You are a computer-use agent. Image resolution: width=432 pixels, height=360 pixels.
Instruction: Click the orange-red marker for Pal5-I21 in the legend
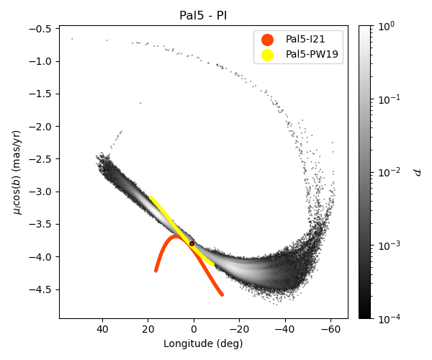pos(267,39)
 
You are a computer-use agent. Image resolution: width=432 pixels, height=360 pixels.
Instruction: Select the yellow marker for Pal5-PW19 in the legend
pos(267,54)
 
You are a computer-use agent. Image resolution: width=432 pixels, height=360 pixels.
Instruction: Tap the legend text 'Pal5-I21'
pos(305,39)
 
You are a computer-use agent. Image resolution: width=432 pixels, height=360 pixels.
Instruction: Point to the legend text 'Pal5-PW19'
pos(310,54)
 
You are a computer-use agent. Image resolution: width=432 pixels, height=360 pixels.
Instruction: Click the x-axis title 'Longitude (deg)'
pos(203,343)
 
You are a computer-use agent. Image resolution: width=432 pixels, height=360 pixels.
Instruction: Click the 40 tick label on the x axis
pos(102,329)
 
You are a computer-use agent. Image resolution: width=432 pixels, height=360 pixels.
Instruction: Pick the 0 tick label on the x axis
pos(194,329)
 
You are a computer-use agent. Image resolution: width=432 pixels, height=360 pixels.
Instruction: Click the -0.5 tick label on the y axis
pos(42,29)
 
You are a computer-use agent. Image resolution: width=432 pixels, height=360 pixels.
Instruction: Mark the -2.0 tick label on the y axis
pos(42,127)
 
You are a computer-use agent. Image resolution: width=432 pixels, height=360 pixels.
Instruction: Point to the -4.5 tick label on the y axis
pos(42,290)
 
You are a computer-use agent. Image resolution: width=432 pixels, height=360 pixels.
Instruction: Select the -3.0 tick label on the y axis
pos(42,192)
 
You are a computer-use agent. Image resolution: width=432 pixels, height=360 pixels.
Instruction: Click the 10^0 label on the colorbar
pos(388,26)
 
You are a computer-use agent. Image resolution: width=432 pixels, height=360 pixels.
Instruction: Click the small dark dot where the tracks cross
pos(192,243)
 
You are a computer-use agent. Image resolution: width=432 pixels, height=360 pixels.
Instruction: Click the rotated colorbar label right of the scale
pos(417,172)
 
